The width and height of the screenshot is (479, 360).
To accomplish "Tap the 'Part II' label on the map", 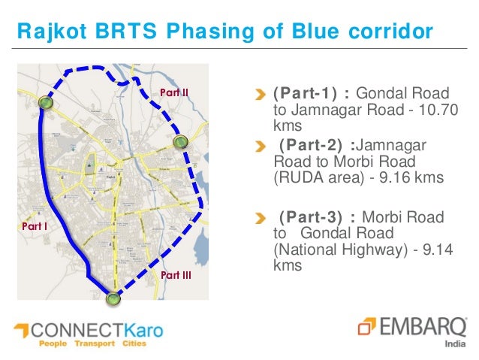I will click(174, 92).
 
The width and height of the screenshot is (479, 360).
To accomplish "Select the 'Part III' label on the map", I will click(176, 276).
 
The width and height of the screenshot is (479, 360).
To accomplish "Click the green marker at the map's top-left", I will click(46, 103).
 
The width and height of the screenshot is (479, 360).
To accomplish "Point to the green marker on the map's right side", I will click(180, 142).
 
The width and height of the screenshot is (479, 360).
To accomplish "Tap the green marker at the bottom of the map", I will click(113, 299).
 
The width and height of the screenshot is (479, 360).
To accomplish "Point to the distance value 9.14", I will click(434, 250).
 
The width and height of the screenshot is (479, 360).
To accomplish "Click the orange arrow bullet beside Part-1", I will click(260, 95).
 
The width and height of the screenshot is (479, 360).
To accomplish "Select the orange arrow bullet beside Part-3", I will click(260, 218).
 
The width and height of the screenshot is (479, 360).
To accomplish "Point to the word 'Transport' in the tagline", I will click(94, 343).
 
